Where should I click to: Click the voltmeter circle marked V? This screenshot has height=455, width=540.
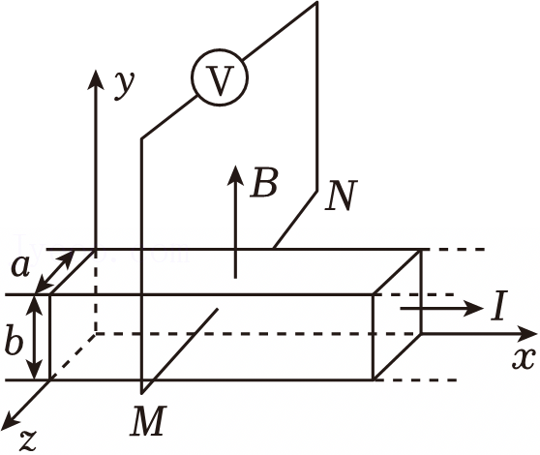pos(220,77)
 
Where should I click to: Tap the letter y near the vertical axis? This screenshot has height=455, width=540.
pos(124,85)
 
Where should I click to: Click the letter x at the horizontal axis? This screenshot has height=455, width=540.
pos(524,358)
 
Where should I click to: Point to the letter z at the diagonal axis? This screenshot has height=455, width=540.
pos(28,440)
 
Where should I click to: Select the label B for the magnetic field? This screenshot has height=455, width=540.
pos(264,183)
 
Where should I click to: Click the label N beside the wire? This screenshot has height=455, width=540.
pos(341,196)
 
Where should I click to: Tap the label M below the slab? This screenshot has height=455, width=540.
pos(148,421)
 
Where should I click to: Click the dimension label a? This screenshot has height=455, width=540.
pos(20,267)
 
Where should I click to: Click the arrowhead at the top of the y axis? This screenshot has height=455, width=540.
pos(95,78)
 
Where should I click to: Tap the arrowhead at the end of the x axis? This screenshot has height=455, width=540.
pos(526,333)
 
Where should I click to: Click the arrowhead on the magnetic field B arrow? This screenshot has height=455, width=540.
pos(235,174)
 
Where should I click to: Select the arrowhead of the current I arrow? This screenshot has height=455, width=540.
pos(473,308)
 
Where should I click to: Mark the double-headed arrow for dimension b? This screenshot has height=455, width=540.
pos(35,338)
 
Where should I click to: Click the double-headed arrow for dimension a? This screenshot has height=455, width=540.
pos(55,272)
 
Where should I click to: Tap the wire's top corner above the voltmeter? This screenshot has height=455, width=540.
pos(316,3)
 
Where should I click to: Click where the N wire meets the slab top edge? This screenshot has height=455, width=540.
pos(274,249)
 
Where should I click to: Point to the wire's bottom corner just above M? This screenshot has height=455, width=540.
pos(141,393)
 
